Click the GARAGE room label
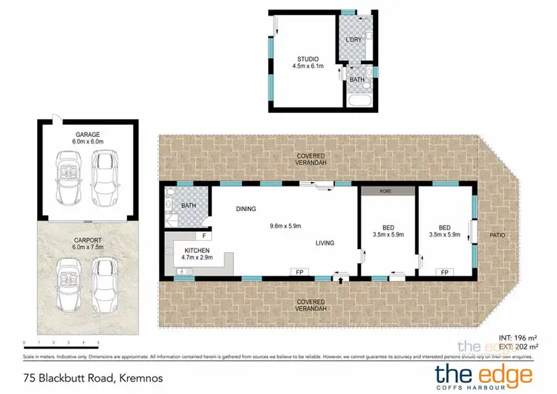(x=86, y=134)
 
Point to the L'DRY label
(x=353, y=39)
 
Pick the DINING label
(x=246, y=210)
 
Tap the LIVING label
(x=324, y=242)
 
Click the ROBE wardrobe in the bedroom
(x=385, y=190)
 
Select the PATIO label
(x=497, y=235)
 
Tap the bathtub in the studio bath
(x=358, y=98)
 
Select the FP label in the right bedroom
(x=444, y=272)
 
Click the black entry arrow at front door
(x=341, y=281)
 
